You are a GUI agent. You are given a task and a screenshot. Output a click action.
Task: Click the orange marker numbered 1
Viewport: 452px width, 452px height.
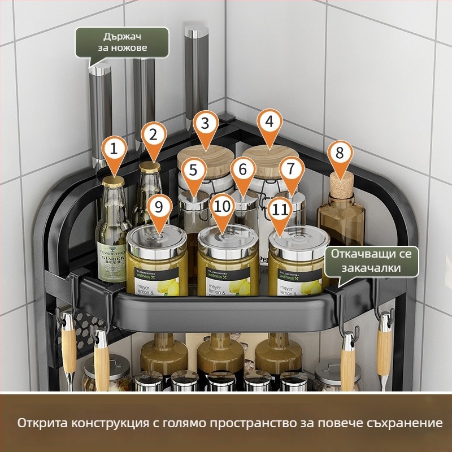coord(115,150)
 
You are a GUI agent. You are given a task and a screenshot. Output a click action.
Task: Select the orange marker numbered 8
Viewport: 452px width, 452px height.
coord(340,154)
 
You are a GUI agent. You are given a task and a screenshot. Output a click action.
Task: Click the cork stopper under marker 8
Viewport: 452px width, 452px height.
coord(341,184)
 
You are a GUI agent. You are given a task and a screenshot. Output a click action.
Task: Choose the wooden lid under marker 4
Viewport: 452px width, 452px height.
coord(270,154)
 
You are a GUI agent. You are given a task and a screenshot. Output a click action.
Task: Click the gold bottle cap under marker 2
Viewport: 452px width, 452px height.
coord(151,167)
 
